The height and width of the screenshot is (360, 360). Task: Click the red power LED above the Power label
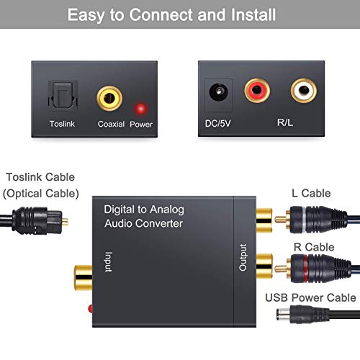tap(140, 108)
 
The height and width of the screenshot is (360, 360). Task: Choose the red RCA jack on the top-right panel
tap(257, 91)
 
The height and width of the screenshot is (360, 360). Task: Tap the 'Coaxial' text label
tap(112, 123)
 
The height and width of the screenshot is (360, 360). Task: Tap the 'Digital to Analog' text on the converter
tap(143, 210)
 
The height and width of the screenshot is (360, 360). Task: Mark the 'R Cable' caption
tap(311, 247)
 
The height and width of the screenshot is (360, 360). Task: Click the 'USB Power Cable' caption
tap(310, 297)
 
